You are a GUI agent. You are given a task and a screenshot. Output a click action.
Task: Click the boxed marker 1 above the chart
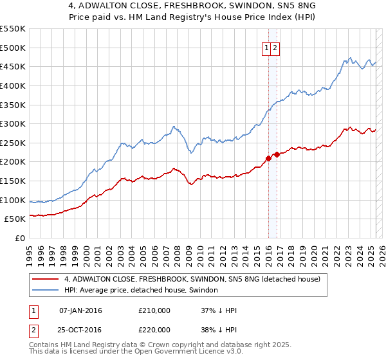[x=266, y=47]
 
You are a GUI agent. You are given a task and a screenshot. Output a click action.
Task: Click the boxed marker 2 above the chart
[x=275, y=47]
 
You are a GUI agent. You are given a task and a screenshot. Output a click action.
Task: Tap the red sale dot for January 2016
[x=268, y=158]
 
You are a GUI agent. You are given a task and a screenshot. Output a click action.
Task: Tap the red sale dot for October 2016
[x=277, y=154]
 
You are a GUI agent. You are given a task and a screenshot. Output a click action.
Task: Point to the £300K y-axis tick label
[x=13, y=123]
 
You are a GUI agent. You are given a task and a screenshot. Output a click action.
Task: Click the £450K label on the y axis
[x=13, y=66]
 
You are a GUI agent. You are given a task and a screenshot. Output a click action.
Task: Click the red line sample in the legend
[x=46, y=279]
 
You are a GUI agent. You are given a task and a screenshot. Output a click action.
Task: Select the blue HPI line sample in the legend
[x=46, y=291]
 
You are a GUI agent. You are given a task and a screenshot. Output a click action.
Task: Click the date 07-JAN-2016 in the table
[x=80, y=310]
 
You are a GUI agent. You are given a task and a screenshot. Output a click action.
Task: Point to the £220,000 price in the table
[x=154, y=329]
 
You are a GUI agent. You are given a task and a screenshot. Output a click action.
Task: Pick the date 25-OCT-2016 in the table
[x=80, y=329]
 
